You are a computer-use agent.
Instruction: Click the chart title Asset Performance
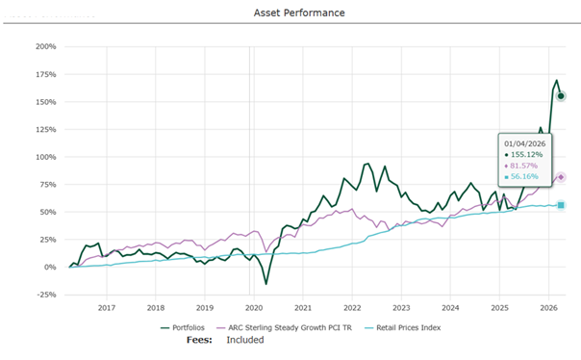point(298,13)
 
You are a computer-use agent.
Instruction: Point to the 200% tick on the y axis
point(45,46)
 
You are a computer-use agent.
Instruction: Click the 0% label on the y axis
point(50,267)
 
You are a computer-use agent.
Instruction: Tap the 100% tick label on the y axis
point(45,157)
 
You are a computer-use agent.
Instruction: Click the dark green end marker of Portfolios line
point(561,96)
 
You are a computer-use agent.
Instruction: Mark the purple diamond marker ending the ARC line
point(561,177)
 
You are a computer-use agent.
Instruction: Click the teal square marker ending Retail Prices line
point(561,205)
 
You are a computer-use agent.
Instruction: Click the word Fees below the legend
point(199,340)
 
